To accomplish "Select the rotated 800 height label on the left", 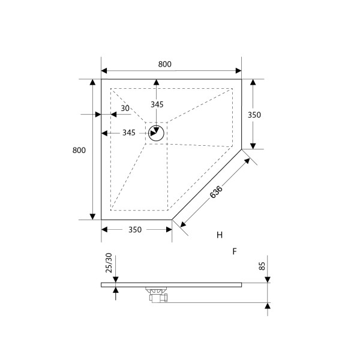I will point(77,150).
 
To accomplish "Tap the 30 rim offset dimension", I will point(125,109).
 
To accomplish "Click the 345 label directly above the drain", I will point(157,104).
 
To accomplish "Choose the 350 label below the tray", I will point(135,230).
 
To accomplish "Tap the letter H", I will point(220,234).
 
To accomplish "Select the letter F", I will point(235,251).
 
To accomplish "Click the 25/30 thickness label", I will point(109,265).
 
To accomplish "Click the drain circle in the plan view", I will point(157,133).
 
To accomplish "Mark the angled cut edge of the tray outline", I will point(207,184).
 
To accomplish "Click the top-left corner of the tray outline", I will point(101,79).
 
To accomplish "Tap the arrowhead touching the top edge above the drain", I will point(157,83).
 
